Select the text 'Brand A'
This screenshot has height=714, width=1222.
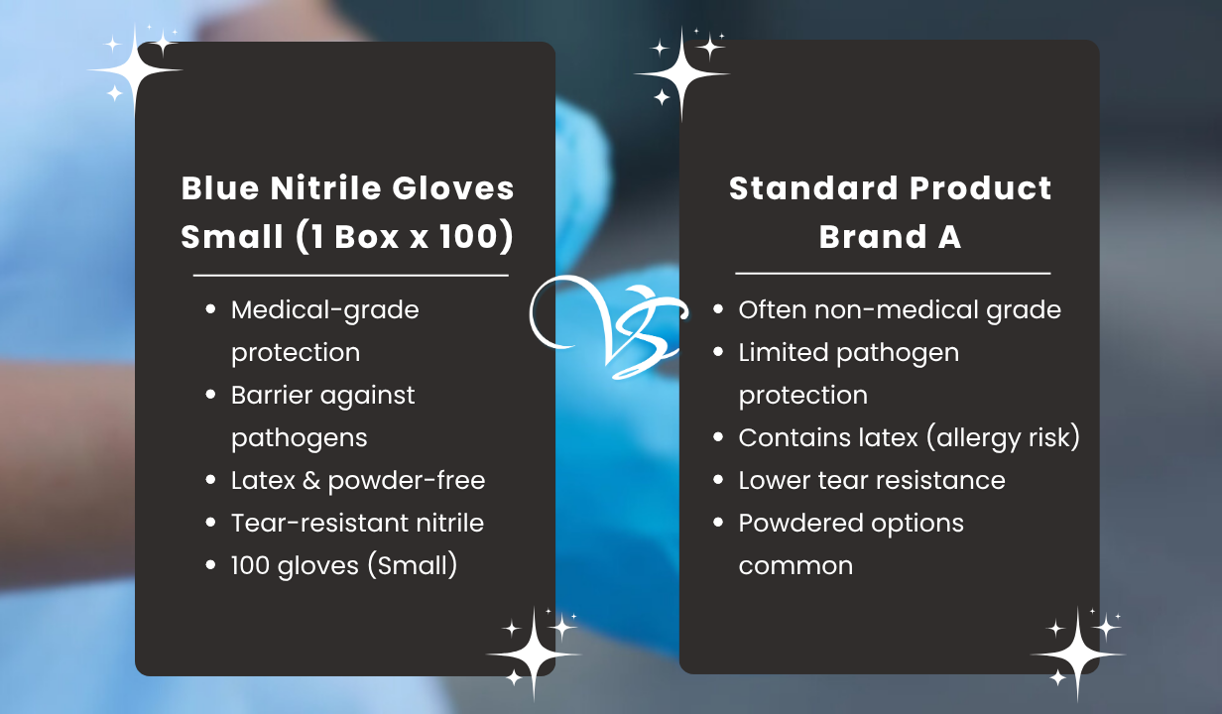click(890, 237)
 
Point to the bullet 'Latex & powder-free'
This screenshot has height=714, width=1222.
click(357, 480)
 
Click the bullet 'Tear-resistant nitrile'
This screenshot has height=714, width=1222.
click(357, 523)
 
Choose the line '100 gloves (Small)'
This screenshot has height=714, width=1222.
click(343, 565)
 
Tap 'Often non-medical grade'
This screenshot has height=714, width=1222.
click(899, 309)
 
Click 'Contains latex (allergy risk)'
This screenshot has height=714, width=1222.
click(909, 437)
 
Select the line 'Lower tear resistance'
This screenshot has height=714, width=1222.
click(871, 480)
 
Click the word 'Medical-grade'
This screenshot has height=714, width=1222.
click(324, 309)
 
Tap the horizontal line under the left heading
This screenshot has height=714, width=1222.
click(350, 275)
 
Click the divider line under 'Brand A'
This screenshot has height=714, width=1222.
click(892, 273)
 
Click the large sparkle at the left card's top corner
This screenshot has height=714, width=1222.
click(136, 70)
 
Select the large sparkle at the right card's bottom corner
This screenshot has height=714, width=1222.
click(1077, 654)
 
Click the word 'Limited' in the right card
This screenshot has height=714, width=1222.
click(784, 352)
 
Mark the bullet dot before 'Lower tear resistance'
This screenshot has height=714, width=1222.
click(718, 480)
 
